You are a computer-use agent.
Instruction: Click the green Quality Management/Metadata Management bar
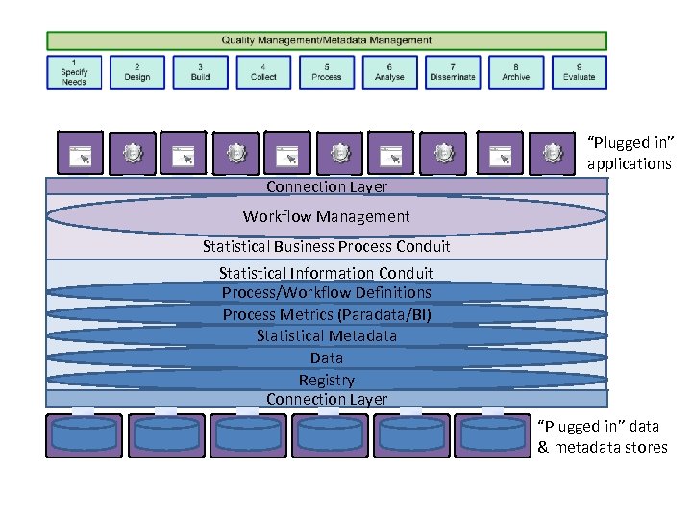[x=327, y=40]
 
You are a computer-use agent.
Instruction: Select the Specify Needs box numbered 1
[x=74, y=72]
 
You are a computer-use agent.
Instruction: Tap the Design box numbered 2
[x=137, y=72]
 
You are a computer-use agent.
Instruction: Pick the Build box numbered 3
[x=200, y=72]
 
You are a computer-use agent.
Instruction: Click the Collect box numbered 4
[x=263, y=72]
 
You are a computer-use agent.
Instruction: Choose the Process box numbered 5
[x=327, y=72]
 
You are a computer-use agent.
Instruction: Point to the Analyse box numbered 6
[x=389, y=72]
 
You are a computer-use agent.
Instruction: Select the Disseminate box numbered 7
[x=453, y=72]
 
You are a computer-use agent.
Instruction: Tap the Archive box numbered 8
[x=516, y=72]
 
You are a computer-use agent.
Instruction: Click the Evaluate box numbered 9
[x=579, y=72]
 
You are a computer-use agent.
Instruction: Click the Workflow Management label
[x=327, y=216]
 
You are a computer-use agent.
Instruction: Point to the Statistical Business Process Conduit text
[x=327, y=246]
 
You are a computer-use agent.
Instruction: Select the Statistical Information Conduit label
[x=327, y=273]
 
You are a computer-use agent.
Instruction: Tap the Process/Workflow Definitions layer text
[x=327, y=292]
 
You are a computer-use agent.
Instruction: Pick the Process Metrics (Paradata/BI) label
[x=327, y=314]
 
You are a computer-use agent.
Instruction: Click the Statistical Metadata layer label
[x=327, y=335]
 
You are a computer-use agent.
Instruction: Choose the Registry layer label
[x=327, y=380]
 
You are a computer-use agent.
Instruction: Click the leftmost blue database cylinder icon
[x=84, y=434]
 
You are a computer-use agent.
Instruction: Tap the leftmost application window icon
[x=79, y=153]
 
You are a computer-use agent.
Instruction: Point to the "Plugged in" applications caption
[x=630, y=154]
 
